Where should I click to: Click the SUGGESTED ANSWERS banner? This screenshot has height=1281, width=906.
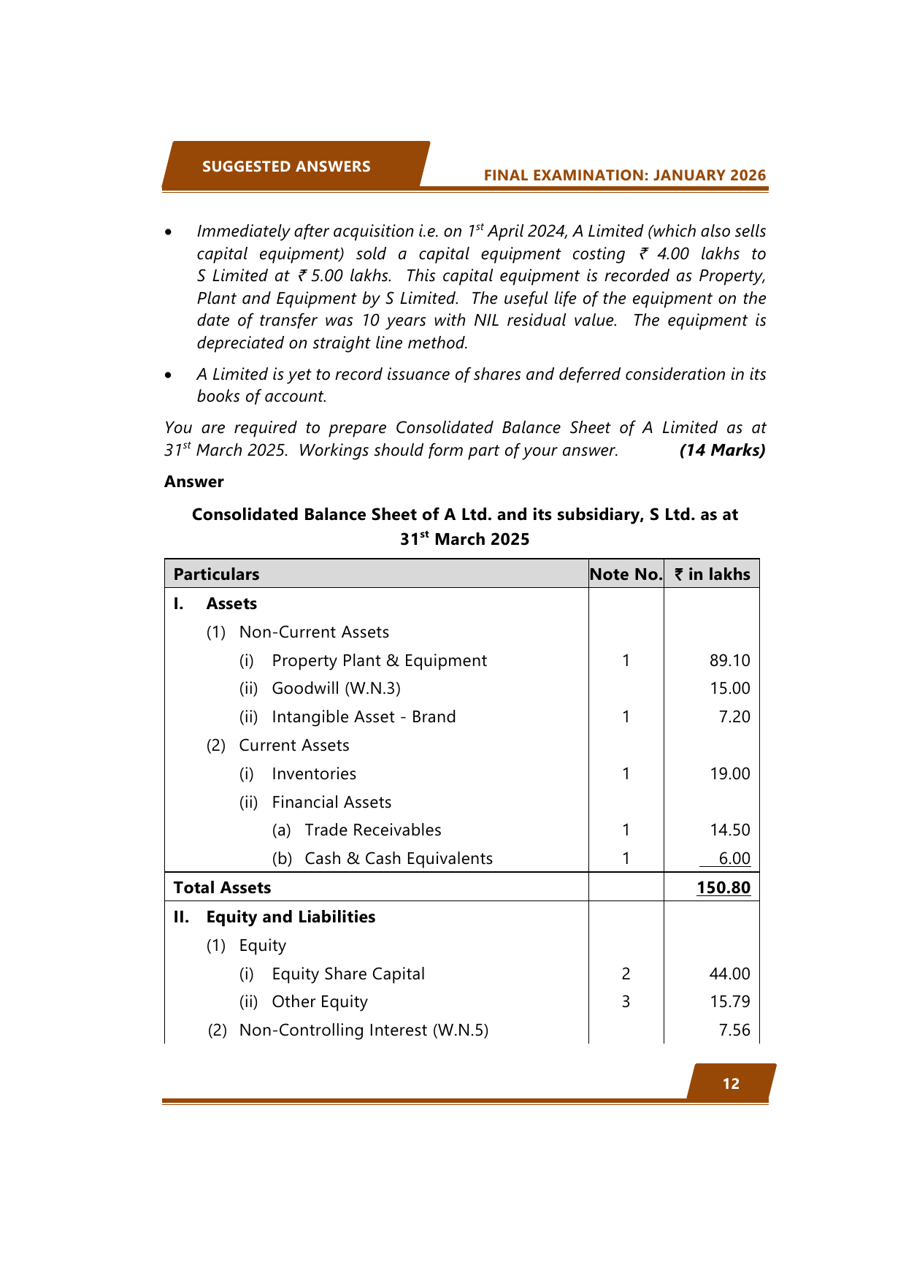coord(286,167)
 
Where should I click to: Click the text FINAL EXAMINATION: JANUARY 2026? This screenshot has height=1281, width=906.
coord(624,175)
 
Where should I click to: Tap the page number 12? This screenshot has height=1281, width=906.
coord(731,1084)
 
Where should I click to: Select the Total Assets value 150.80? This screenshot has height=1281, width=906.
coord(723,887)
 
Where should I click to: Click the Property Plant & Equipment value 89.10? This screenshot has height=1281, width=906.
coord(729,660)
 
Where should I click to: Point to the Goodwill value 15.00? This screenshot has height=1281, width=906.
coord(729,688)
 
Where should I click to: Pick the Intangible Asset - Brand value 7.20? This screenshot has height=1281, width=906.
coord(734,716)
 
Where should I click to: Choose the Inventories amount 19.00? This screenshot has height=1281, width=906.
coord(729,773)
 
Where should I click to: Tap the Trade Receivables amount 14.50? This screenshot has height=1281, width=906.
coord(729,830)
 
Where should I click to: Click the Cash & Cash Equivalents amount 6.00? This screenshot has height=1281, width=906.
coord(734,858)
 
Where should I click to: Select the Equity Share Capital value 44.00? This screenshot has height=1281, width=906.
coord(729,974)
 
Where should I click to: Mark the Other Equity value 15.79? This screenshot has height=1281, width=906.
coord(729,1001)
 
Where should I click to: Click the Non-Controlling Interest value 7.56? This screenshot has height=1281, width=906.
coord(734,1030)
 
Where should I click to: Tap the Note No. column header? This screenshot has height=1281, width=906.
coord(626,574)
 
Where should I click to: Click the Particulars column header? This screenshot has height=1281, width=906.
coord(216,574)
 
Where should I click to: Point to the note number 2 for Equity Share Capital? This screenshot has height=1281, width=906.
coord(626,974)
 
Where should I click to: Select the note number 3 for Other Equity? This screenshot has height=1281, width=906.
coord(626,1001)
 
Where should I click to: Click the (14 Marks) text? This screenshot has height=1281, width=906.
coord(722,450)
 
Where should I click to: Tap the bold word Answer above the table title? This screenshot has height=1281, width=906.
coord(193,481)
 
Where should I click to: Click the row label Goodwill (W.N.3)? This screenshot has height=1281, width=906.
coord(336,688)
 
